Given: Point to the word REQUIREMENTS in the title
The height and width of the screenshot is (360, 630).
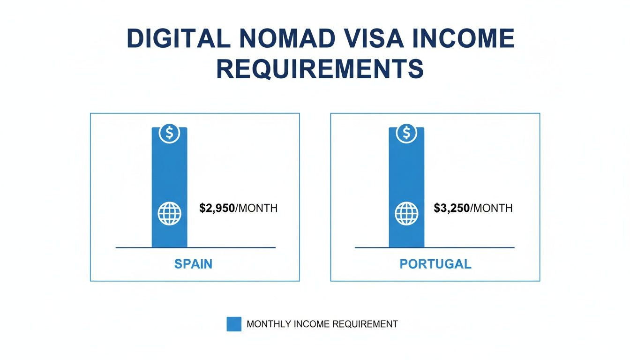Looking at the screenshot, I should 320,69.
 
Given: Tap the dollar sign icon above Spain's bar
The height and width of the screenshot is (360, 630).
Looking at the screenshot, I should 169,134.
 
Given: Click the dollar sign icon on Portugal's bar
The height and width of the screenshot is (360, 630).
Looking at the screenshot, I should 406,134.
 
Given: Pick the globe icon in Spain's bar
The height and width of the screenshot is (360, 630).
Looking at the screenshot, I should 169,214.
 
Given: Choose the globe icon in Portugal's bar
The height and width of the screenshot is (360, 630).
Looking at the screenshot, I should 406,214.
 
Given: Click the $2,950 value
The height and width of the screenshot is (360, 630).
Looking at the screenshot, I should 217,208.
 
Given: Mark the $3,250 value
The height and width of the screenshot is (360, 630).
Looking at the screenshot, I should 452,208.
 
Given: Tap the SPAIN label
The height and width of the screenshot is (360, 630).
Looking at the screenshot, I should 193,264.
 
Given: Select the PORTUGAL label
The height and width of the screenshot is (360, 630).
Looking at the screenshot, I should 435,264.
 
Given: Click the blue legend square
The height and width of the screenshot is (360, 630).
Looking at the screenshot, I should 234,324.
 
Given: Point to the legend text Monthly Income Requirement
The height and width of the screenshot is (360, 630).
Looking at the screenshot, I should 322,324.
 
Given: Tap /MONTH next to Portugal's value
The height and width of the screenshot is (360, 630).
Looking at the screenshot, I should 491,208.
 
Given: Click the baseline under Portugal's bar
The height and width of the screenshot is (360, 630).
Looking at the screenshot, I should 469,247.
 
